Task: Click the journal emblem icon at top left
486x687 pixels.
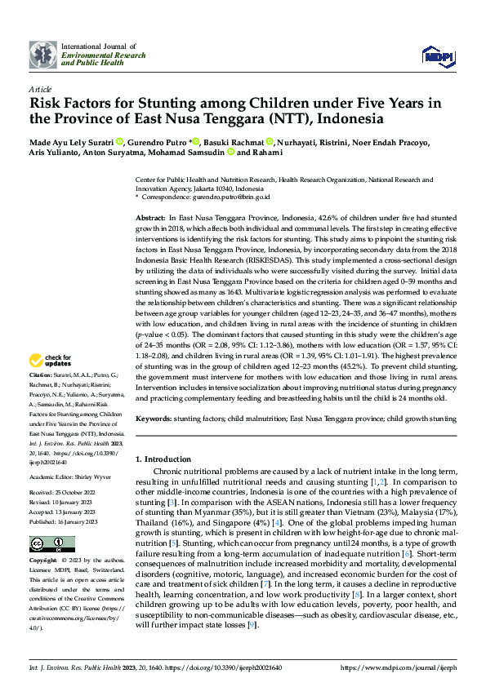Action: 42,55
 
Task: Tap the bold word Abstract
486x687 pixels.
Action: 150,219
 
